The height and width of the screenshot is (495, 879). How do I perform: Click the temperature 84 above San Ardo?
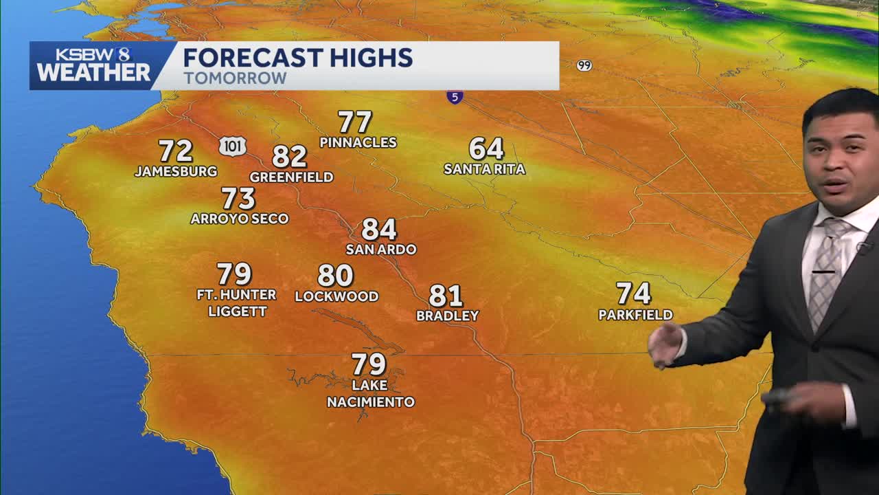[379, 230]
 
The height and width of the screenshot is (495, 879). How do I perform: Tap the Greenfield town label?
[291, 177]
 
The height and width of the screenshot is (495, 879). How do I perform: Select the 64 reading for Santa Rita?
[486, 148]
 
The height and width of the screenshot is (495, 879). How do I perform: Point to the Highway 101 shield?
[233, 146]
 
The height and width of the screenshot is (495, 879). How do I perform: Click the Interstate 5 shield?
[455, 97]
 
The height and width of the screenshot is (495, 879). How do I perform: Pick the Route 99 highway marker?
[584, 65]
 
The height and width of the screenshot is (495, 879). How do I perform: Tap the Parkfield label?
[635, 315]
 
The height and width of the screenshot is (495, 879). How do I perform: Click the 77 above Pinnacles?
[355, 122]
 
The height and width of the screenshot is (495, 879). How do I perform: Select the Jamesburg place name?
[176, 171]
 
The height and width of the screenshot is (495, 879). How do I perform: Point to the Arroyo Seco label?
[240, 219]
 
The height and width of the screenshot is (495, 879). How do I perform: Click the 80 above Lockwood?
[335, 276]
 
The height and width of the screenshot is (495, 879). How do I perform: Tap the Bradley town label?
[447, 316]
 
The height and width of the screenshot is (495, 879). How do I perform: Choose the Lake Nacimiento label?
[370, 393]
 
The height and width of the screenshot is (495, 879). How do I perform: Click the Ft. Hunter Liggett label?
[237, 302]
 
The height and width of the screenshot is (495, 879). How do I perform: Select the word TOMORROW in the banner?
[235, 78]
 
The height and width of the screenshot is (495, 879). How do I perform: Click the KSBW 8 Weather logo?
[93, 65]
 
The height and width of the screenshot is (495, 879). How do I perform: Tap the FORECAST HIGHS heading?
[297, 58]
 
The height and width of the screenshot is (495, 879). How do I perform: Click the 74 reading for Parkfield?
[633, 294]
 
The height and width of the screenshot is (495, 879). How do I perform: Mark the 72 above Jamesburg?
[176, 151]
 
